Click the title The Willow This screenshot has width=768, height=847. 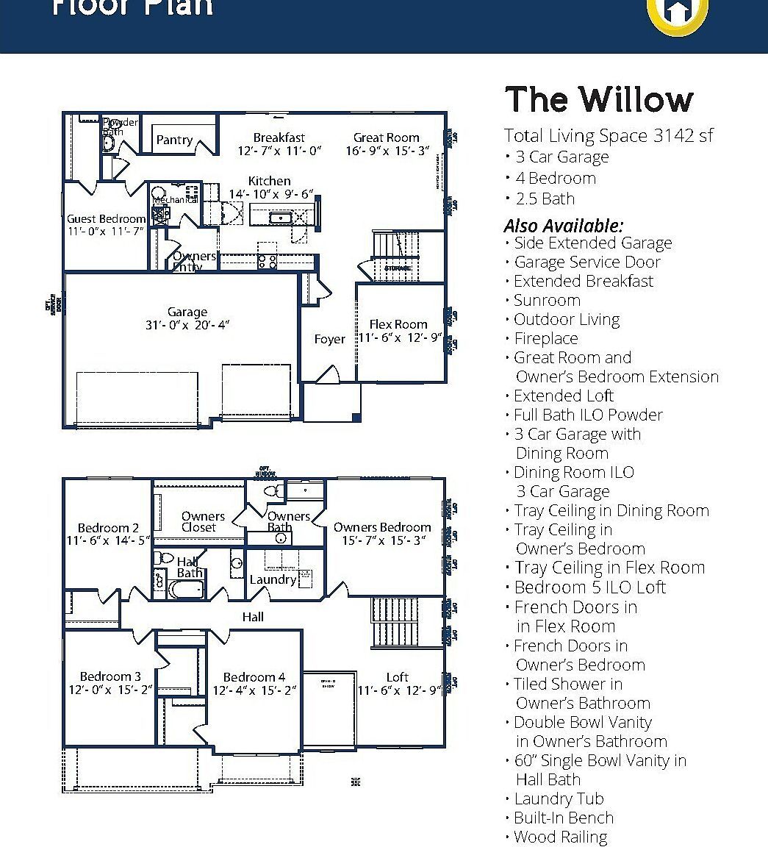pos(599,100)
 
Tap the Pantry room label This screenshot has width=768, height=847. pos(174,140)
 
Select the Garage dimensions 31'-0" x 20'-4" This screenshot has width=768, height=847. pos(187,325)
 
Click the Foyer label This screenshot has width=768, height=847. pos(329,339)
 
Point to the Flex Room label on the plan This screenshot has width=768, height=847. pos(398,324)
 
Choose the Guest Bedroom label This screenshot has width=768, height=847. pos(107,218)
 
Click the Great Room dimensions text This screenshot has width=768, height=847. pos(387,151)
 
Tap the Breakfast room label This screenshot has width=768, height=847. pos(279,137)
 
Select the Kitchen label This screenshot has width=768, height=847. pos(269,181)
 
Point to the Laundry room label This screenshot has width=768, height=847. pos(273,579)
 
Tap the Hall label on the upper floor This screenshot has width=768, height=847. pos(253,616)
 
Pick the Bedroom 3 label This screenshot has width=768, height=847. pos(110,676)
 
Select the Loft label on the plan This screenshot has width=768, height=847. pos(398,677)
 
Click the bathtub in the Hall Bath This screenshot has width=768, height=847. pos(187,590)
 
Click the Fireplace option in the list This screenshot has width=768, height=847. pos(545,338)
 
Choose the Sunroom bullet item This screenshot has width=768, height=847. pos(547,300)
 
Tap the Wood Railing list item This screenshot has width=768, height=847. pos(560,837)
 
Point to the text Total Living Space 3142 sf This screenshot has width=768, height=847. pos(609,135)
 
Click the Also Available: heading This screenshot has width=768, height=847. pos(563,225)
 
